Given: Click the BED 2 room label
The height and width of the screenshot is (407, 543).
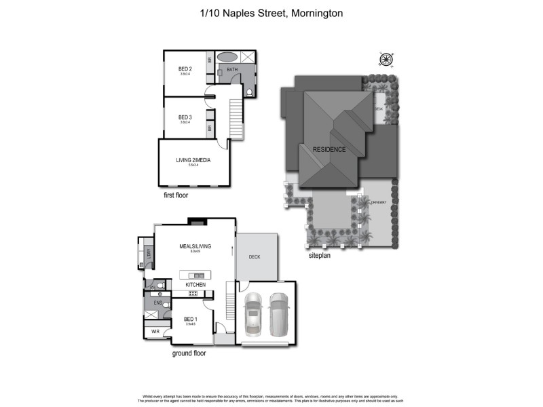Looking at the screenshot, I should click(185, 69).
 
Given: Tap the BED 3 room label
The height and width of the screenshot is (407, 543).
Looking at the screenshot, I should click(185, 117).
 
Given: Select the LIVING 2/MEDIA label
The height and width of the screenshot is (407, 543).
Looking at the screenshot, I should click(193, 159).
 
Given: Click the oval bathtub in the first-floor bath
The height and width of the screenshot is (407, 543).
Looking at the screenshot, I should click(228, 57).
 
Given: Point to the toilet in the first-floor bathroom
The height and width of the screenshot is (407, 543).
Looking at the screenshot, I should click(249, 92).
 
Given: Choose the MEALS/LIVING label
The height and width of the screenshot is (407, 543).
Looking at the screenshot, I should click(195, 246).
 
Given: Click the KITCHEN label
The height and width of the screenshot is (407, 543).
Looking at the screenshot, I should click(195, 285).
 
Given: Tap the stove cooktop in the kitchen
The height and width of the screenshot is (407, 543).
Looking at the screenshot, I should click(193, 293).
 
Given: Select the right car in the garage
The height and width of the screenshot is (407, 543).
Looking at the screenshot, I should click(279, 315).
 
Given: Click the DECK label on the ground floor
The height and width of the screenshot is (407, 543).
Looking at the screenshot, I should click(255, 257).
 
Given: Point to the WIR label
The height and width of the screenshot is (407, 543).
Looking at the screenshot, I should click(155, 332).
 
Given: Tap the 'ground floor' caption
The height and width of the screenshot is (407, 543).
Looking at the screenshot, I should click(189, 353).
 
